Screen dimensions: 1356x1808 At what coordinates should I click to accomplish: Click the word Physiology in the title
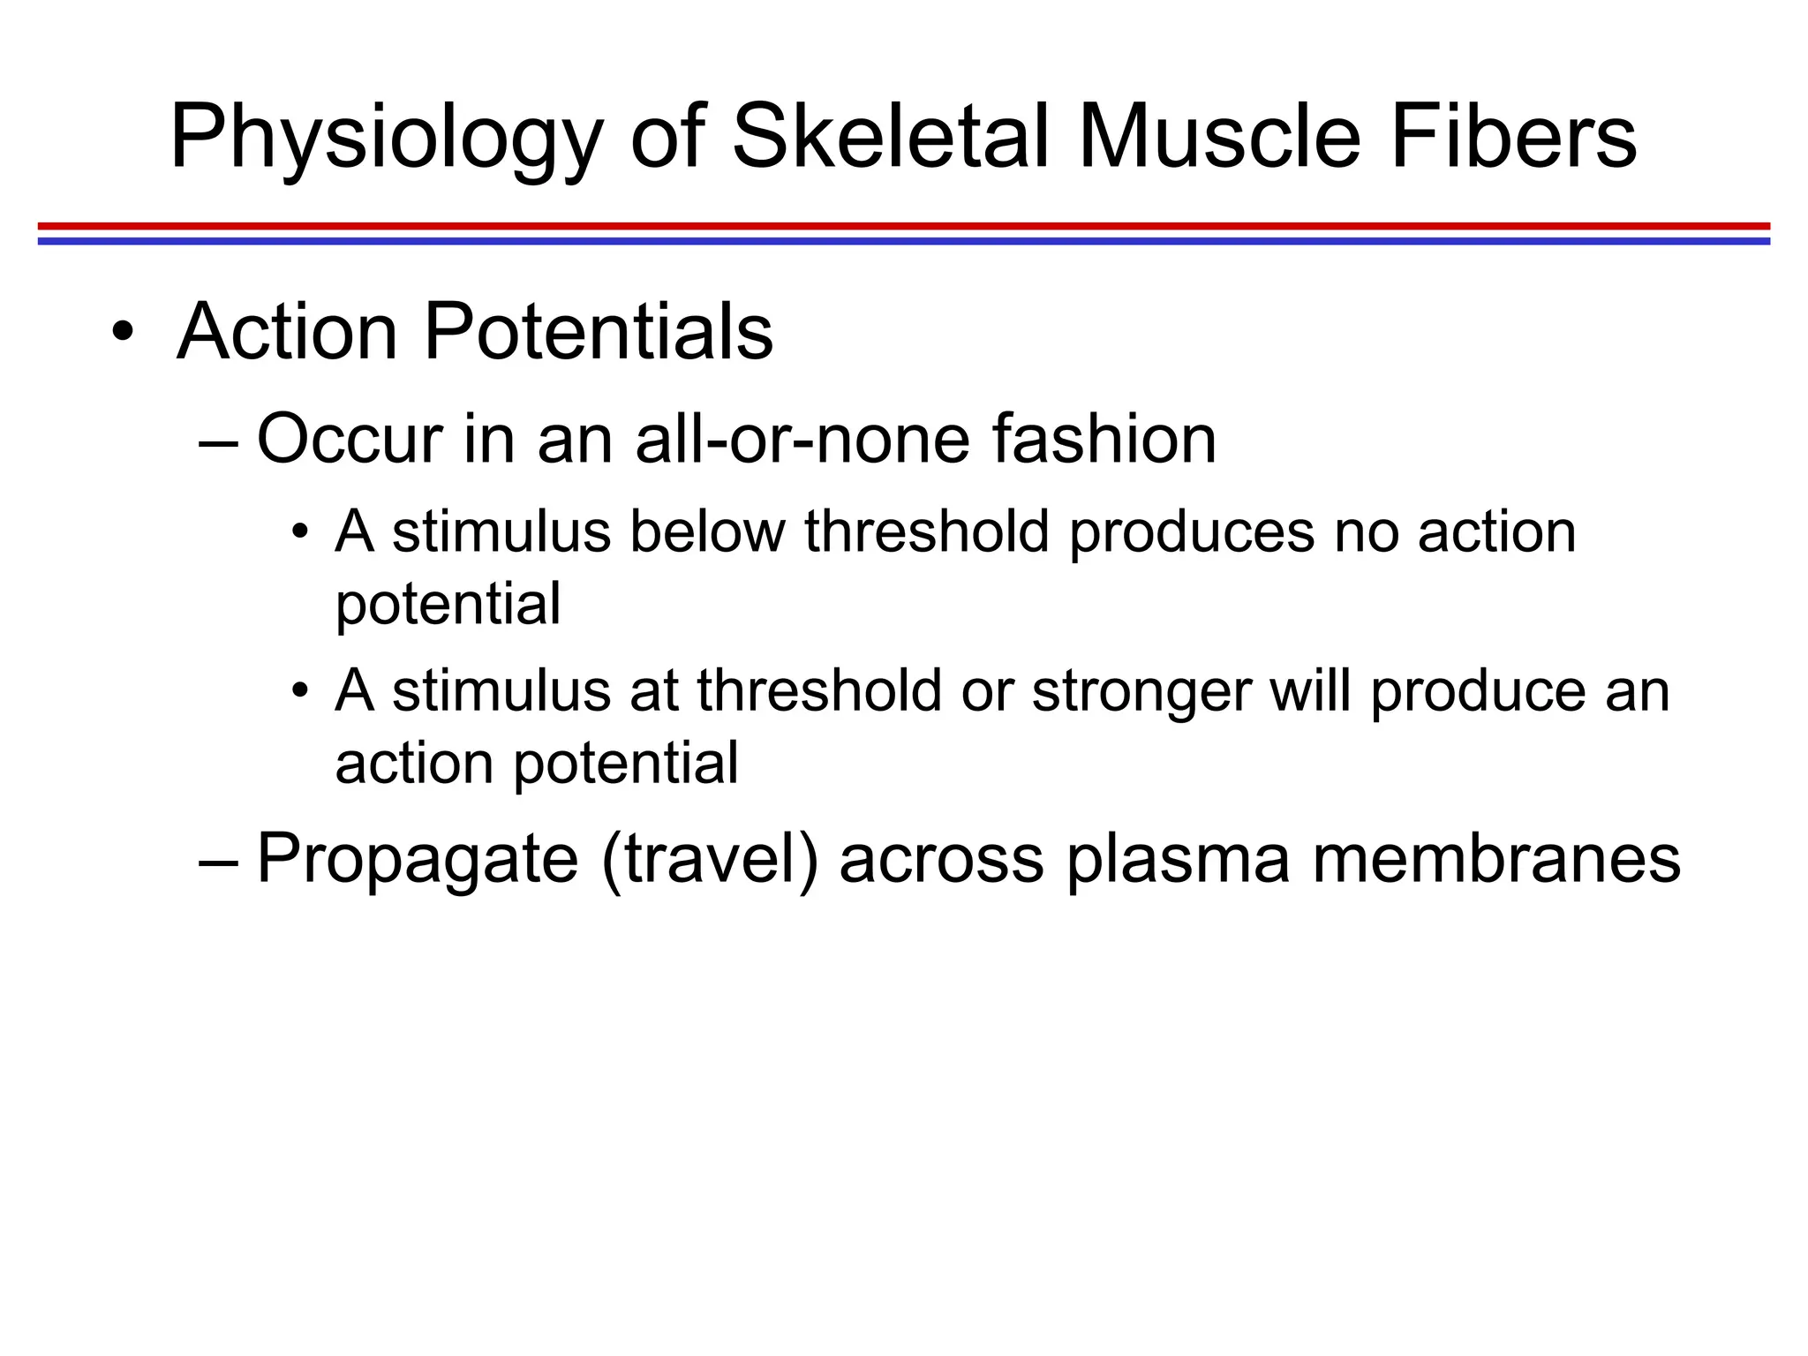[386, 139]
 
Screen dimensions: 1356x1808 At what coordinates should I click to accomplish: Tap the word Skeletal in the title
[892, 137]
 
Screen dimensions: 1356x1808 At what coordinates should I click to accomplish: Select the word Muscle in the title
[1219, 137]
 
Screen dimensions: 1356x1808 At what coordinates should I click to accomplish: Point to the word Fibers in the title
[1513, 137]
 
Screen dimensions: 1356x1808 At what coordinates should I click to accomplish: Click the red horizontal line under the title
[904, 226]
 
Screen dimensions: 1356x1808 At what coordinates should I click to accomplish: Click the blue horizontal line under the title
[904, 241]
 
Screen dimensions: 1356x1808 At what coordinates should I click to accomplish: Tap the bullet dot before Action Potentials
[123, 333]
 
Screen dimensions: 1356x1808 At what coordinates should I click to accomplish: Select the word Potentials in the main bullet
[599, 332]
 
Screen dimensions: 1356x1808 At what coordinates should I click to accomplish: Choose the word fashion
[1104, 439]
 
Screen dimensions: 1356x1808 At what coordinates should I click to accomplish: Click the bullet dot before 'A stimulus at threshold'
[300, 689]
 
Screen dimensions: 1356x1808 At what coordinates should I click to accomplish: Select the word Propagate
[417, 859]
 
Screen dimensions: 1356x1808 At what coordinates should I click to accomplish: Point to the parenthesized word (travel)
[710, 859]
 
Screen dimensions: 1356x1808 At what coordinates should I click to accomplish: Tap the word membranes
[1496, 859]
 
